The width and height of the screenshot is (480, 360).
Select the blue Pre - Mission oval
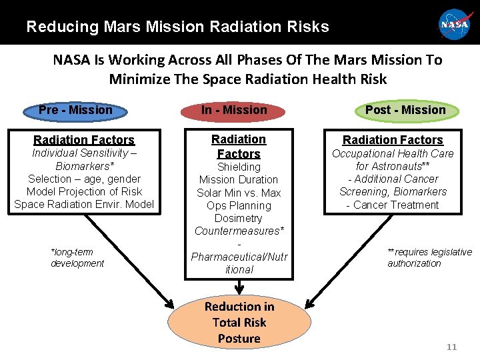pyautogui.click(x=75, y=110)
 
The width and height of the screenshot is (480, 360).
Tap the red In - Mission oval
pyautogui.click(x=234, y=110)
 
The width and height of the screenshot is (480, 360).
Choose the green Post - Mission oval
pyautogui.click(x=405, y=110)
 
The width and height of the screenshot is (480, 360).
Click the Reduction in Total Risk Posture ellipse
pyautogui.click(x=239, y=323)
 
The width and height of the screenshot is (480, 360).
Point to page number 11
pyautogui.click(x=451, y=347)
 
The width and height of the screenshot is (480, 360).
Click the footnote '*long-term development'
pyautogui.click(x=77, y=257)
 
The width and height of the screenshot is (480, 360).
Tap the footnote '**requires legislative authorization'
pyautogui.click(x=429, y=257)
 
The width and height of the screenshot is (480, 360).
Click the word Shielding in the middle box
pyautogui.click(x=239, y=167)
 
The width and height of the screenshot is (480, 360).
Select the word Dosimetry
pyautogui.click(x=239, y=218)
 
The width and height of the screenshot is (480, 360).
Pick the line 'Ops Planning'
pyautogui.click(x=239, y=205)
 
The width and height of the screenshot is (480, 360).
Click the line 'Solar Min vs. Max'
pyautogui.click(x=239, y=193)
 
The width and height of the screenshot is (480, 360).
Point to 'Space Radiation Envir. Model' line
pyautogui.click(x=84, y=204)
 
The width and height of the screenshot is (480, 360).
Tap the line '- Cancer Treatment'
pyautogui.click(x=393, y=205)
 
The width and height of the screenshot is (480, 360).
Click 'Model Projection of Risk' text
pyautogui.click(x=84, y=191)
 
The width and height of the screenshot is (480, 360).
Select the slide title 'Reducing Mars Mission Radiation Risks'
pyautogui.click(x=177, y=27)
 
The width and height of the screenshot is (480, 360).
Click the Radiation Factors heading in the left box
pyautogui.click(x=84, y=140)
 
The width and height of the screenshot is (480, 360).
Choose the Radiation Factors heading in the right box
pyautogui.click(x=393, y=140)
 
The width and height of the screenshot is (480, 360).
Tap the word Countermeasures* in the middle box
pyautogui.click(x=239, y=231)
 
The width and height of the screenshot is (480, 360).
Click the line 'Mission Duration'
pyautogui.click(x=239, y=179)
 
